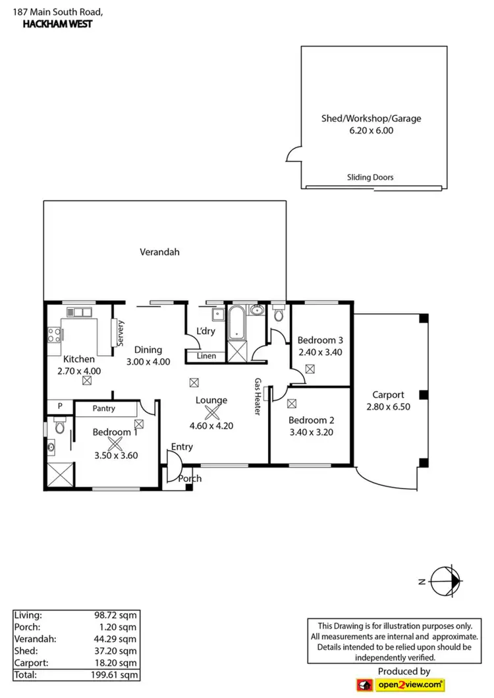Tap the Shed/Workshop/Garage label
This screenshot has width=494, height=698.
(371, 119)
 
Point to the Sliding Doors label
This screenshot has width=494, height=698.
(370, 177)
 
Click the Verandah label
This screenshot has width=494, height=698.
(159, 252)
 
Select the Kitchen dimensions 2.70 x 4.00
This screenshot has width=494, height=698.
(78, 371)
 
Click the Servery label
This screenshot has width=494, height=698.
(121, 333)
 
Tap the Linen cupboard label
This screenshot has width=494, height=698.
(206, 356)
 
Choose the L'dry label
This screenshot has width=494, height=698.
(206, 331)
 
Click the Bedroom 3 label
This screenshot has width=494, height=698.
(320, 340)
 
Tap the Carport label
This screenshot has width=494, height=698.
(388, 395)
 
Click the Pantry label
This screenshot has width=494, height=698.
(103, 408)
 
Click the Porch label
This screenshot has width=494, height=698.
(190, 478)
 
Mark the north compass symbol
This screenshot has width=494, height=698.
(445, 580)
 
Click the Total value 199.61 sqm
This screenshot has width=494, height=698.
(115, 675)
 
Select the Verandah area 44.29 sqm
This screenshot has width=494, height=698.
(115, 639)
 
